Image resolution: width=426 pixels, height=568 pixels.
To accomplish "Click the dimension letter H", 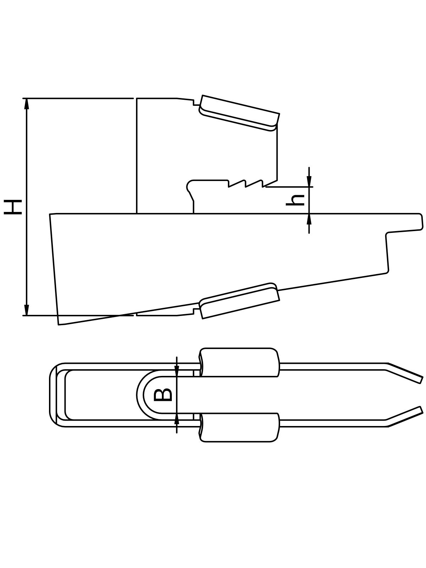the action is (x=13, y=207).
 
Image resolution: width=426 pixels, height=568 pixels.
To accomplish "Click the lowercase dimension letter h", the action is (x=295, y=200).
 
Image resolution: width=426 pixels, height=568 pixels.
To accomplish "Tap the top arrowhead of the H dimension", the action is (x=26, y=104).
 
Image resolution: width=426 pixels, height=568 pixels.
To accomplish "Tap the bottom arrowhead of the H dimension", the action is (x=26, y=310).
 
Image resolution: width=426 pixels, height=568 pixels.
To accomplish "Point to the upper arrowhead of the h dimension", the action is (x=309, y=181).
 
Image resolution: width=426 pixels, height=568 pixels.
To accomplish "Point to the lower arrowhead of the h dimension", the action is (x=309, y=219).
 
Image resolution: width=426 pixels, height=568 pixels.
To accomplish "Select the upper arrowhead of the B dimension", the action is (x=177, y=371).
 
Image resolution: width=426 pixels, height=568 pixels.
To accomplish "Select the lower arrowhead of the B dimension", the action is (x=177, y=419).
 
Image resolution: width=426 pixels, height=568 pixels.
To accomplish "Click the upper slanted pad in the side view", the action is (x=239, y=113).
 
